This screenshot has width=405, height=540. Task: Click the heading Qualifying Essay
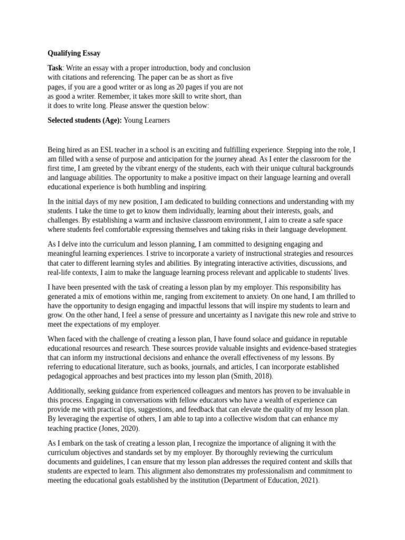74,53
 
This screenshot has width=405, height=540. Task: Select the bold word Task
55,68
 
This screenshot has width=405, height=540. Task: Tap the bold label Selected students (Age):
84,120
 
